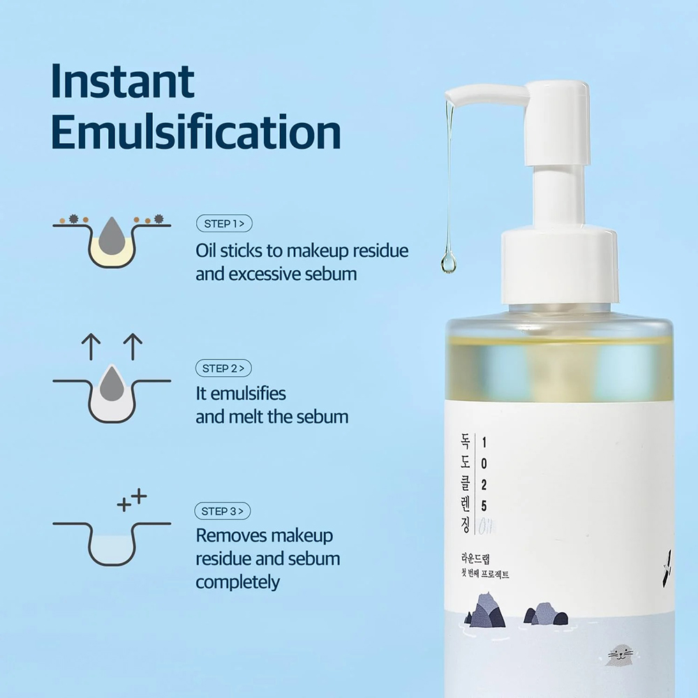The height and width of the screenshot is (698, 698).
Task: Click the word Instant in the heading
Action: click(123, 82)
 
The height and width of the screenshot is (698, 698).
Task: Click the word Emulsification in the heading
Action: click(196, 133)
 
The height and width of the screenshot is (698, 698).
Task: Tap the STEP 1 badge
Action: click(224, 224)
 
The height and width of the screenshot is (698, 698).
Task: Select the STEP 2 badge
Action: click(224, 368)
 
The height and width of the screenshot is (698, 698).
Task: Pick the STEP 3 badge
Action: click(223, 512)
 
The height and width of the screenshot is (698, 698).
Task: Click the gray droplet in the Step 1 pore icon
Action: click(110, 235)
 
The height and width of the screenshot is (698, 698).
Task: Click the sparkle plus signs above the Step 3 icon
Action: click(133, 500)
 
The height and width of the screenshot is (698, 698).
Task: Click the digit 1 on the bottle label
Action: click(484, 443)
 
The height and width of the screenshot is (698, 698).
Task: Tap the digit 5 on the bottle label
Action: click(484, 506)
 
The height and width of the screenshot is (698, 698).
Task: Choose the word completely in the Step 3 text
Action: click(237, 582)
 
